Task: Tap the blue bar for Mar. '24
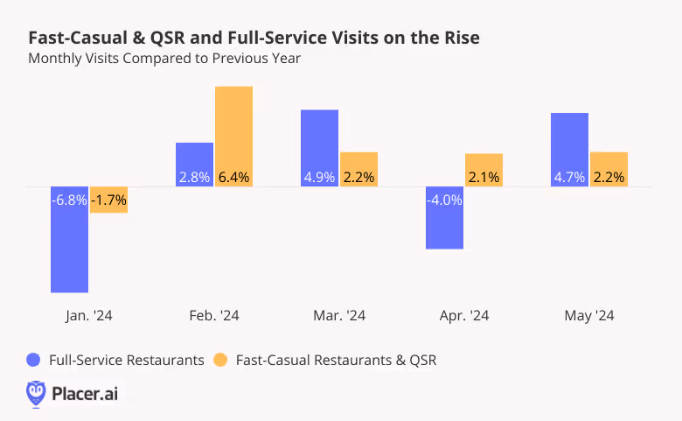point(319,140)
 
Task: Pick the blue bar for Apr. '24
point(444,228)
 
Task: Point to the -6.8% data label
point(70,200)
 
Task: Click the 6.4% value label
point(233,177)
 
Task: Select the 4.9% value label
point(319,177)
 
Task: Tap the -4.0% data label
point(444,200)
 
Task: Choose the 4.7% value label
point(569,177)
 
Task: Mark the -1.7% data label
point(109,200)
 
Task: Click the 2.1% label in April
point(484,177)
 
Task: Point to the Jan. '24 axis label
point(89,316)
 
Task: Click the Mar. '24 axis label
point(339,316)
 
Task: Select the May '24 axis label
point(589,316)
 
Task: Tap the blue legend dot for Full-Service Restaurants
point(35,360)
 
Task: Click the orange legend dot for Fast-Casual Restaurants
point(220,360)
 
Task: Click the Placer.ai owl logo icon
point(36,393)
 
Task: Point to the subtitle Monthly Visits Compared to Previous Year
point(164,59)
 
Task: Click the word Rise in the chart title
point(459,39)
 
